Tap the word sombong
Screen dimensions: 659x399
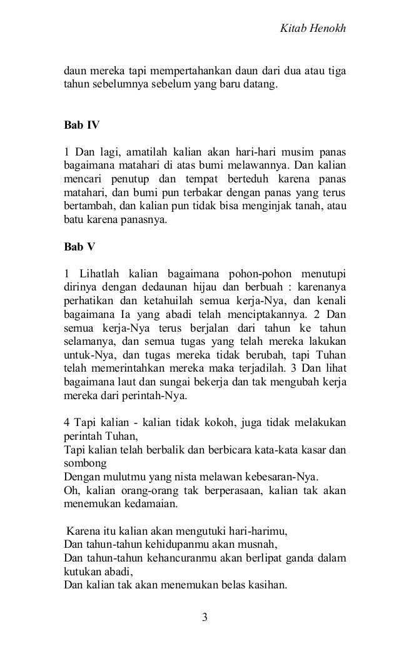tap(83, 462)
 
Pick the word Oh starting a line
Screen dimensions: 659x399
tap(71, 490)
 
